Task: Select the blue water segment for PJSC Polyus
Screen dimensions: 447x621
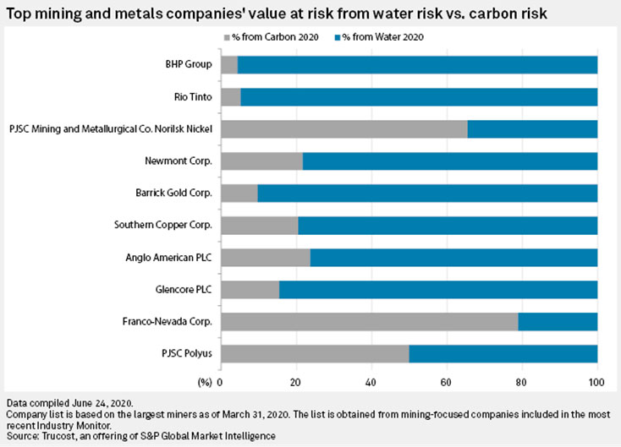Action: pyautogui.click(x=503, y=353)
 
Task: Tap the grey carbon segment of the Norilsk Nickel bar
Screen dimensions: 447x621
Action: pyautogui.click(x=343, y=128)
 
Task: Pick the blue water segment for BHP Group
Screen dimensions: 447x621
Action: pyautogui.click(x=418, y=64)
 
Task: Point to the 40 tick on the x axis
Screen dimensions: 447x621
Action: pyautogui.click(x=371, y=381)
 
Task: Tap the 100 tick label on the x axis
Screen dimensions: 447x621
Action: pyautogui.click(x=597, y=381)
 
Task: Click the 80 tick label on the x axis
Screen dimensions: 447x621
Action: pyautogui.click(x=522, y=381)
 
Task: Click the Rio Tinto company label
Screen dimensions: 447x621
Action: pyautogui.click(x=193, y=96)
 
